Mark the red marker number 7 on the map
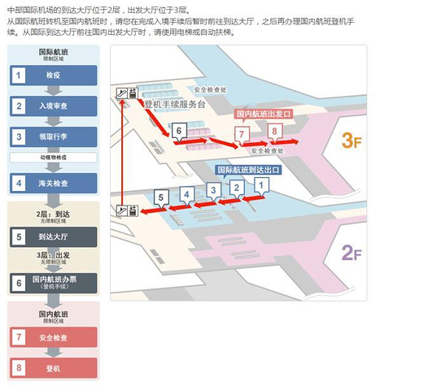[241, 133]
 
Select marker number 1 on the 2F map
[261, 185]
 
